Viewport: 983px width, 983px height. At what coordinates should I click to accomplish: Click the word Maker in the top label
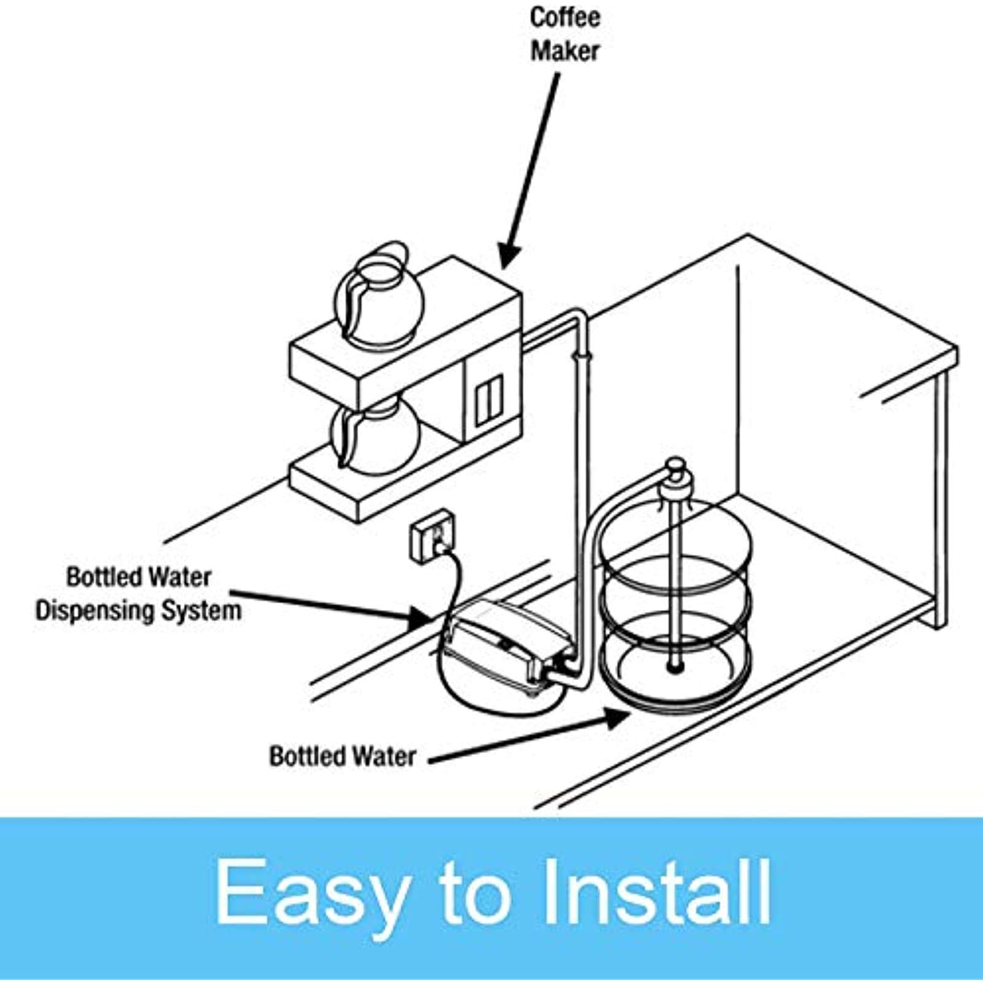point(565,50)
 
